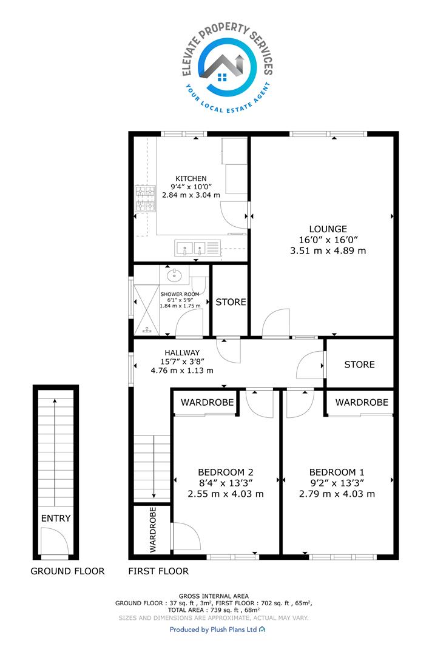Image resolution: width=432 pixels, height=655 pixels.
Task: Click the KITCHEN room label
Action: click(191, 178)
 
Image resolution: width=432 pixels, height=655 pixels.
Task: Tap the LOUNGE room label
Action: click(328, 229)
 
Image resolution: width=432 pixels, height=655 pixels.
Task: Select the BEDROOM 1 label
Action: click(337, 472)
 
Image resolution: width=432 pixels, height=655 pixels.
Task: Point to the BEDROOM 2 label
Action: click(226, 472)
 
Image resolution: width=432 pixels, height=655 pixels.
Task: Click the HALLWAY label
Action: click(182, 352)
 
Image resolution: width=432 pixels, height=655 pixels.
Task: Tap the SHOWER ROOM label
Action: click(180, 294)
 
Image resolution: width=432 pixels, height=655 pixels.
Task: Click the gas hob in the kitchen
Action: click(145, 198)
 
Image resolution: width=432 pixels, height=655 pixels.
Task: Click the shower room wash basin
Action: click(174, 275)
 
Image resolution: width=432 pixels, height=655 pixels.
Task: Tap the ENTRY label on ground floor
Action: click(56, 519)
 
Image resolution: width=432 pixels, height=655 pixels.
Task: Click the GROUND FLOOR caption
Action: click(68, 571)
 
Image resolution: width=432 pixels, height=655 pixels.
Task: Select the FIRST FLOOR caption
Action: click(158, 571)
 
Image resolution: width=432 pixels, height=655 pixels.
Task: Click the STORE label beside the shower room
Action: click(231, 302)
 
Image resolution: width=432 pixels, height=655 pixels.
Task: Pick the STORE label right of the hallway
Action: click(359, 364)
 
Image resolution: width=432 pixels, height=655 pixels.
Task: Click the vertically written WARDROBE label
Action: click(152, 529)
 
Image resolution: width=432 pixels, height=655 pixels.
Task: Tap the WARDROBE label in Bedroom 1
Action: click(362, 402)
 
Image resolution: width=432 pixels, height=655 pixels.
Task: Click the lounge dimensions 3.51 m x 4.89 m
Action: click(328, 250)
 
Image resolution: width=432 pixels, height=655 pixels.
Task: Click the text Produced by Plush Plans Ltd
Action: click(213, 630)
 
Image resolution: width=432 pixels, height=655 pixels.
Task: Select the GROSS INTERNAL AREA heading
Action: click(214, 596)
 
